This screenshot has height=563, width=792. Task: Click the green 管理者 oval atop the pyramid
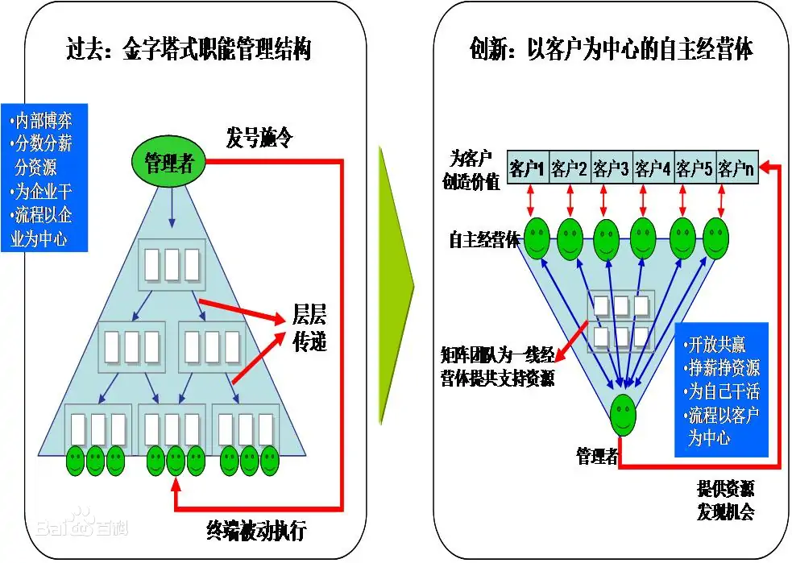[169, 162]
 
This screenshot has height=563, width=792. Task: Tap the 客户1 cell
[527, 168]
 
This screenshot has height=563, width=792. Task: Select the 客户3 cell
[612, 168]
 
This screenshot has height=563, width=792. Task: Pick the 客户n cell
[737, 168]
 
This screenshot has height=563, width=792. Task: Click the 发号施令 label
[259, 138]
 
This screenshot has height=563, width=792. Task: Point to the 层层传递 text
[309, 328]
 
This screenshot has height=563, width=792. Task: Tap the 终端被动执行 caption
[256, 530]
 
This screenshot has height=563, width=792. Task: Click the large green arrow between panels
[396, 285]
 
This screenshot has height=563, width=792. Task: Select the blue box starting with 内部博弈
[44, 178]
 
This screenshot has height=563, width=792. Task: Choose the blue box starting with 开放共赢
[721, 390]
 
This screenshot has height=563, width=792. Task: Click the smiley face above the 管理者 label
[623, 415]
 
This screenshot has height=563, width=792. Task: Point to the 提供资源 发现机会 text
[726, 500]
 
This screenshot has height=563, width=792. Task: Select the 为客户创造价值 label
[471, 170]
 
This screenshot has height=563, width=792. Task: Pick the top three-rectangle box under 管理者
[172, 264]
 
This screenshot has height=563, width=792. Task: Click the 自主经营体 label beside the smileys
[484, 239]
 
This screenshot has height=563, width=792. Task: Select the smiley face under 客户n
[715, 239]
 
